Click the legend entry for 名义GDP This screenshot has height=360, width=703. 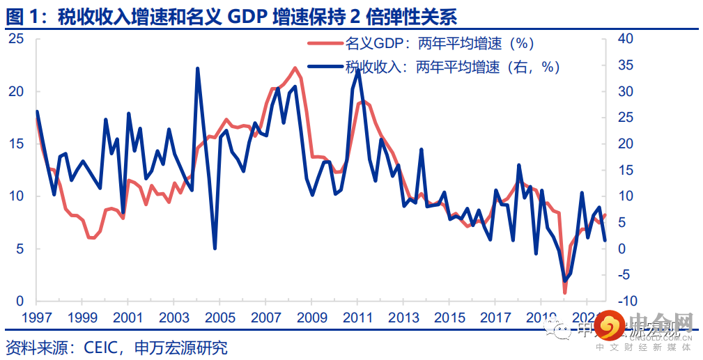pyautogui.click(x=439, y=44)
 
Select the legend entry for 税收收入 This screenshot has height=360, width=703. pyautogui.click(x=452, y=67)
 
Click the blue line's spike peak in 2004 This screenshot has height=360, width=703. pyautogui.click(x=197, y=68)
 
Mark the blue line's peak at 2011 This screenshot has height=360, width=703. pyautogui.click(x=357, y=70)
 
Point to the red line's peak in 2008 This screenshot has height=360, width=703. pyautogui.click(x=295, y=68)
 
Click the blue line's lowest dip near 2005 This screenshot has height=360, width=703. pyautogui.click(x=215, y=249)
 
